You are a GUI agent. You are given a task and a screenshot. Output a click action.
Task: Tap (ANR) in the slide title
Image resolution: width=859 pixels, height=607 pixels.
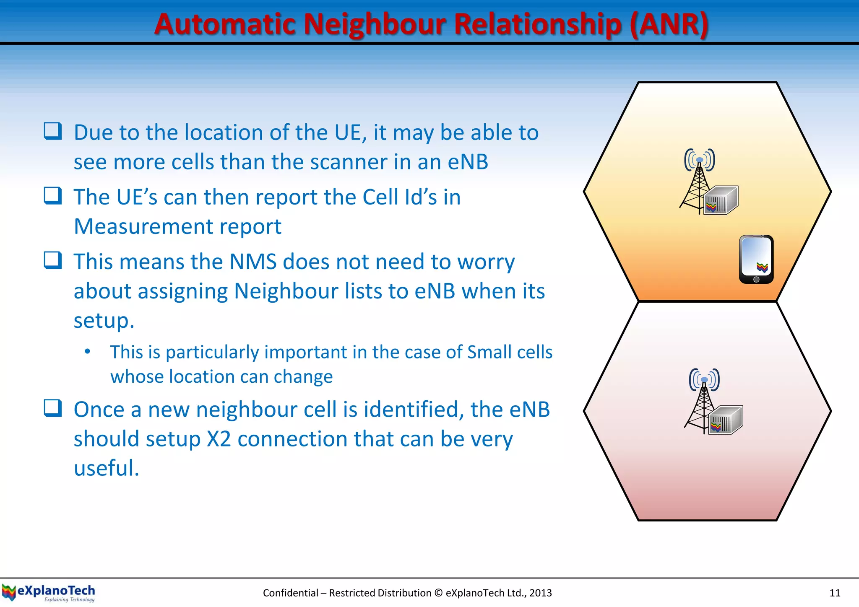669,24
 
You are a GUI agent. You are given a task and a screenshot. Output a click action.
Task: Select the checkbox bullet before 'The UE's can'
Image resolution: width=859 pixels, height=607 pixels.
53,195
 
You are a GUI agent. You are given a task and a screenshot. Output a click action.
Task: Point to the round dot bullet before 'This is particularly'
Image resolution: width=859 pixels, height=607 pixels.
87,351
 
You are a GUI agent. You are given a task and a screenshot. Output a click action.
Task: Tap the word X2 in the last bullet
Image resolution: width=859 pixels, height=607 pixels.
219,439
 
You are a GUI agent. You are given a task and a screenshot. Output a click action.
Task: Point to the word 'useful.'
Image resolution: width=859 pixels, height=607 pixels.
107,468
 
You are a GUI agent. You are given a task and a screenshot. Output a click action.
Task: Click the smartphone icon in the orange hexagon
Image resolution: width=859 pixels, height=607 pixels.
756,259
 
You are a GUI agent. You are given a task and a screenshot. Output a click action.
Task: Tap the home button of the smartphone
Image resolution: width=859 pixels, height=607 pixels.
756,279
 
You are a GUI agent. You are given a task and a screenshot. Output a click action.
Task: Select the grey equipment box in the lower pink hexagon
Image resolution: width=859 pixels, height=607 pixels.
726,420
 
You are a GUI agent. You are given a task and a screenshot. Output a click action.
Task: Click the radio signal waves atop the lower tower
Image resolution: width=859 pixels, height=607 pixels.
704,379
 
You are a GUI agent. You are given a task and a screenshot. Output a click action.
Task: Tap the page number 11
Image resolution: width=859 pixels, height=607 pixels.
835,593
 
